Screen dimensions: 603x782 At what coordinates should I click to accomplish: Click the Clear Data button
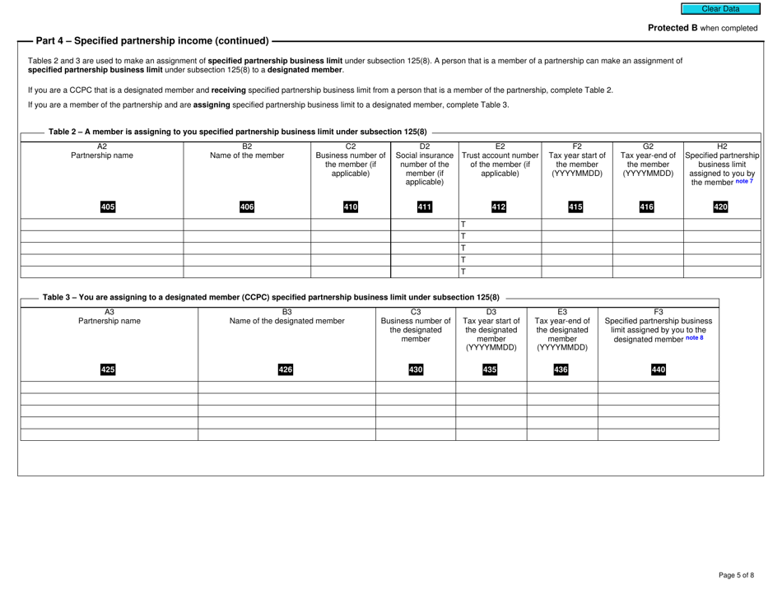point(720,9)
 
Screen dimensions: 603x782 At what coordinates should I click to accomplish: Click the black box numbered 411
point(423,205)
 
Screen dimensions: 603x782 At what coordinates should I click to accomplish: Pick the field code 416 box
point(648,205)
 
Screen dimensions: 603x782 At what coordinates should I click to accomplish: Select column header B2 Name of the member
point(246,150)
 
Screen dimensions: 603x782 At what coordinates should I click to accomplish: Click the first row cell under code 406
point(246,225)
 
